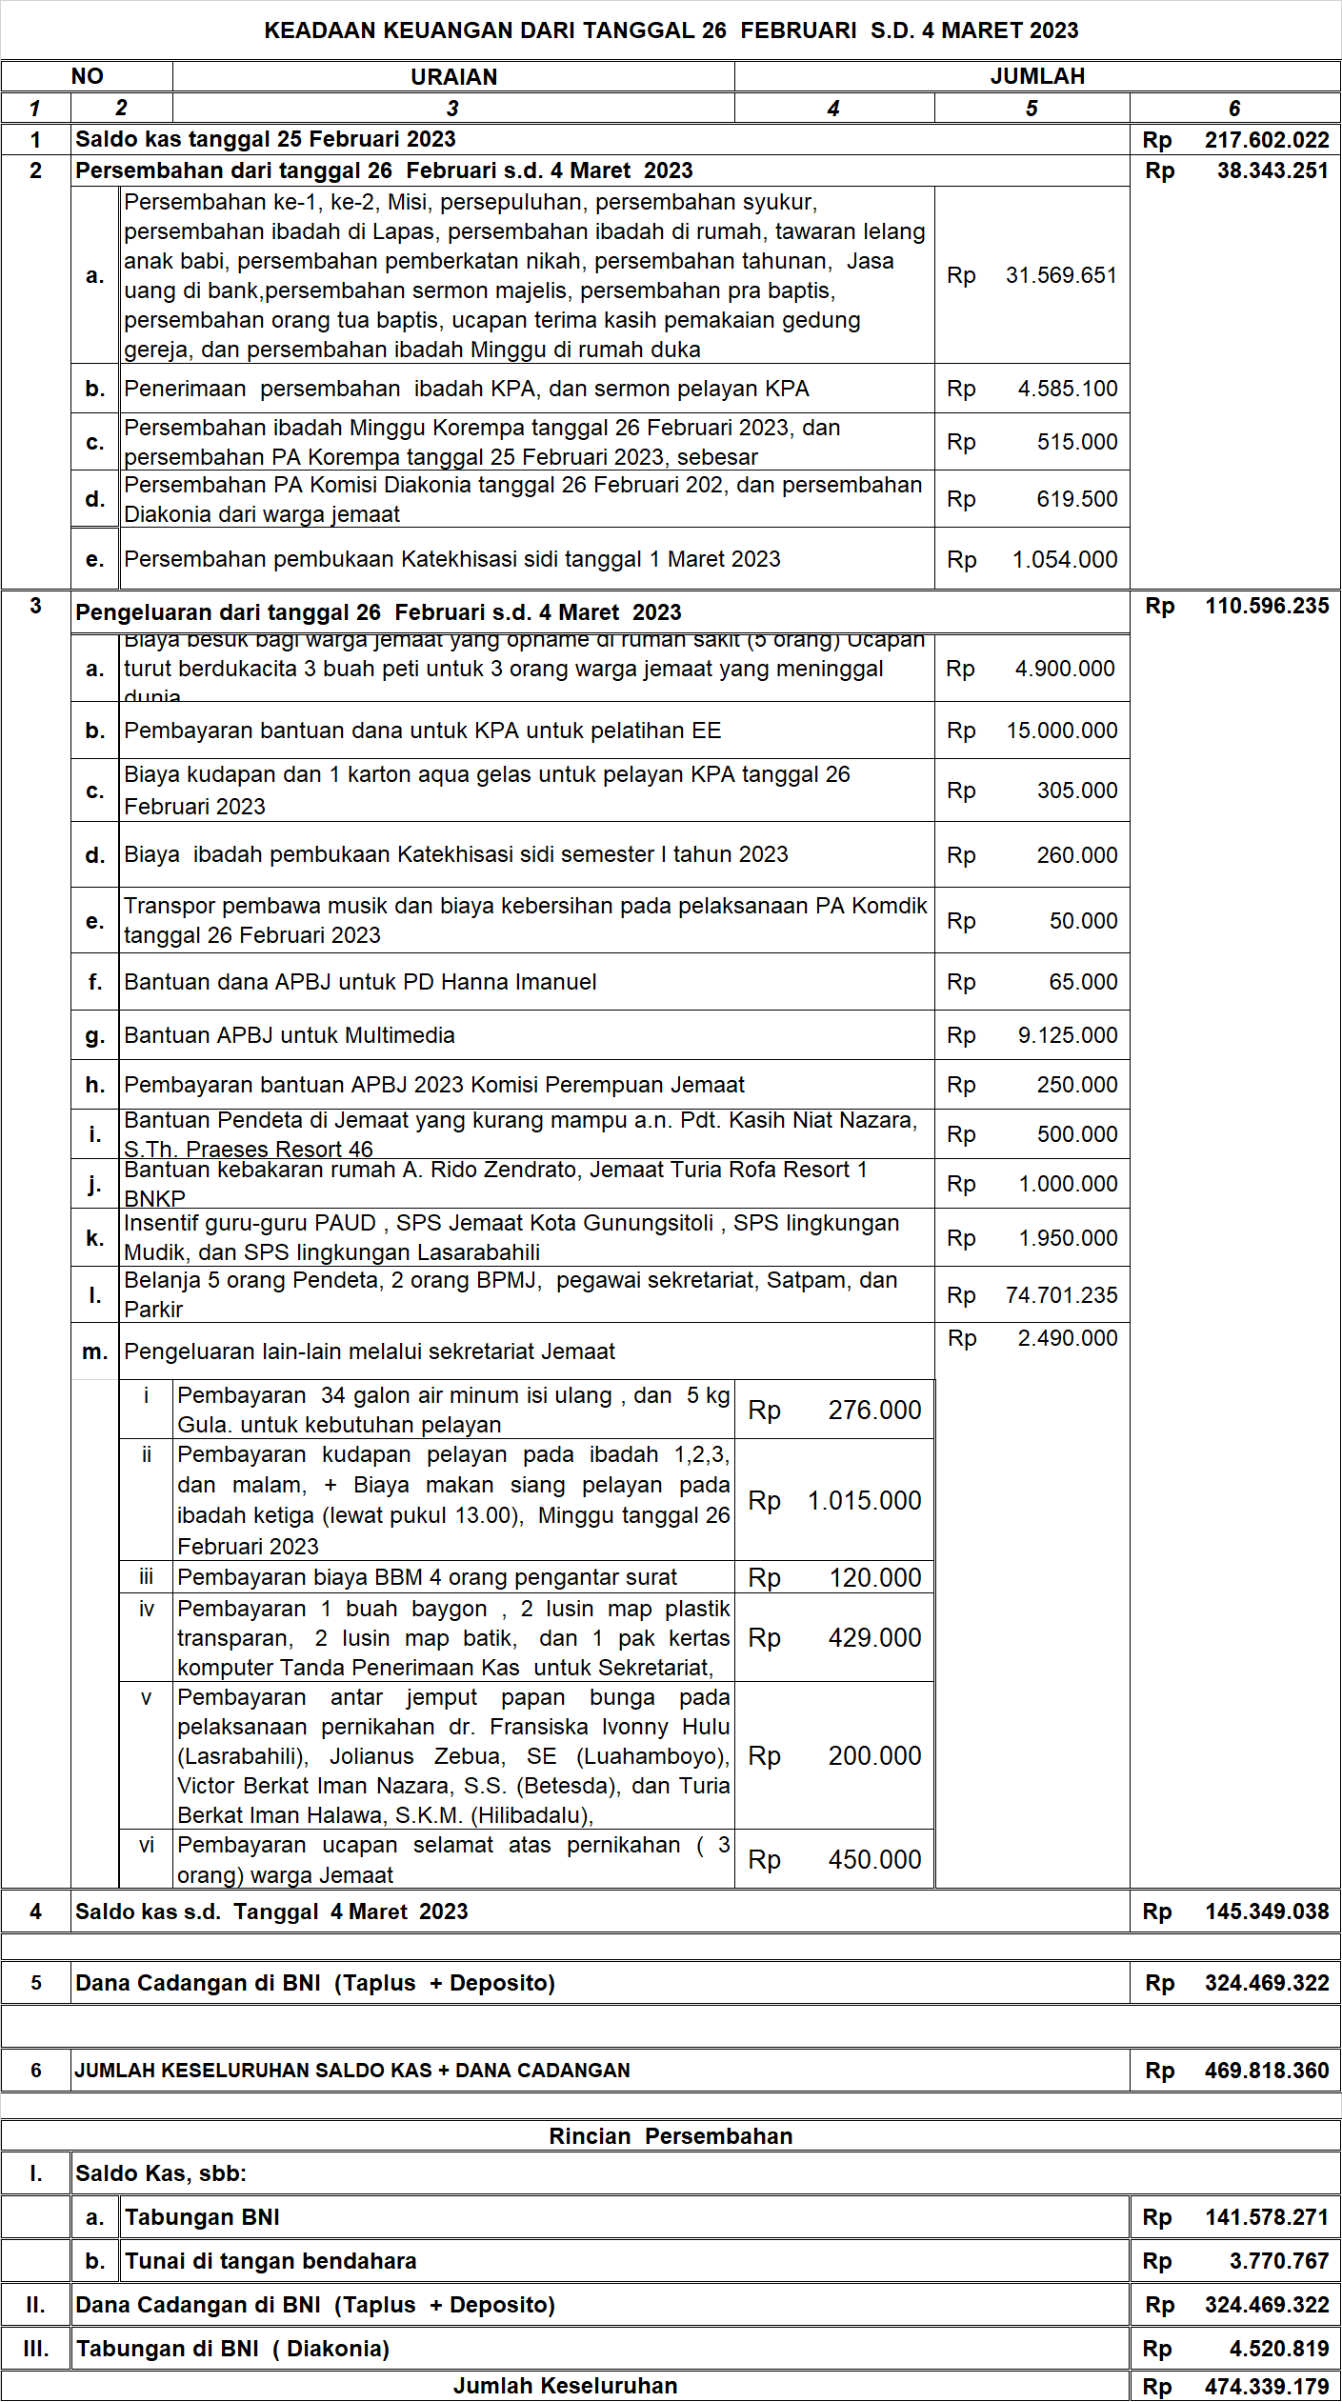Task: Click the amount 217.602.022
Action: [x=1266, y=140]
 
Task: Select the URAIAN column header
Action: [x=453, y=77]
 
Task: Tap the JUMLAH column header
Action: [x=1037, y=76]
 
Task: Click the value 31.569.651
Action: [x=1061, y=275]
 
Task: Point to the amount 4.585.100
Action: [x=1068, y=389]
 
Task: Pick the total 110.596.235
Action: [x=1267, y=606]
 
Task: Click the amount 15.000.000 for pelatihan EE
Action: [x=1062, y=731]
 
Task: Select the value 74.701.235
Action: [x=1061, y=1295]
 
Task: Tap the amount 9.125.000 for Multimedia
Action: [x=1068, y=1035]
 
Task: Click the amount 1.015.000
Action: [x=864, y=1501]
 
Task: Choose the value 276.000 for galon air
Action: [x=874, y=1411]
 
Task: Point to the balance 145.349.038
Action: [x=1267, y=1912]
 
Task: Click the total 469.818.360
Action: [x=1267, y=2071]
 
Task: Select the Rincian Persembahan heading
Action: [x=671, y=2136]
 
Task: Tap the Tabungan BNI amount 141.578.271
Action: [x=1267, y=2217]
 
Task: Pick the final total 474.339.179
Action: [x=1267, y=2387]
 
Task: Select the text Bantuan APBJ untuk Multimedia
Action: [x=290, y=1035]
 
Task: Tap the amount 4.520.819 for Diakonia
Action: [x=1278, y=2349]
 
